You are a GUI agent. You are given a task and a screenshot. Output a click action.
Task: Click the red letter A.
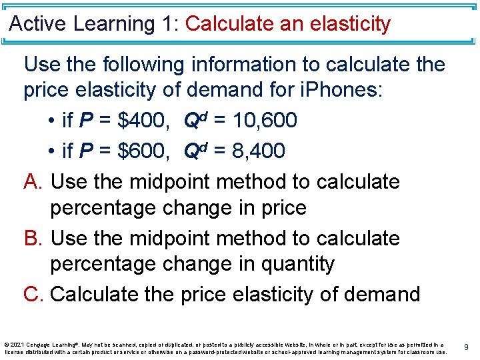click(x=31, y=181)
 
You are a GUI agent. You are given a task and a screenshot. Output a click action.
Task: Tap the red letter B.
click(x=31, y=238)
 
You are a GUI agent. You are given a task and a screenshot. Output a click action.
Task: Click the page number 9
click(x=467, y=347)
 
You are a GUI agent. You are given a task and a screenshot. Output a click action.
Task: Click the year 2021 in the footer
click(x=18, y=344)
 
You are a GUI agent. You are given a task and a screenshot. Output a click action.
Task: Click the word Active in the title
click(x=39, y=24)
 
